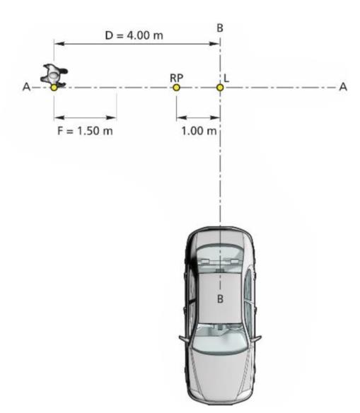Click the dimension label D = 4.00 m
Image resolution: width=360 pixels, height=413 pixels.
click(x=134, y=35)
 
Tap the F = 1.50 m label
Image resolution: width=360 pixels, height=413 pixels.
click(x=85, y=131)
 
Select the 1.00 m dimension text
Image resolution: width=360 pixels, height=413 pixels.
click(x=199, y=131)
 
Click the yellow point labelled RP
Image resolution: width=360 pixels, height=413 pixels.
click(x=176, y=88)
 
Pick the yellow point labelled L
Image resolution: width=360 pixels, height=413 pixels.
click(x=220, y=88)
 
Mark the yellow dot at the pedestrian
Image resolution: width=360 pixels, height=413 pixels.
click(x=54, y=88)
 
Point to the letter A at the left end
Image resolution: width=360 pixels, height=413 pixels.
click(x=26, y=87)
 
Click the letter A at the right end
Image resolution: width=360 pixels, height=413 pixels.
click(x=343, y=87)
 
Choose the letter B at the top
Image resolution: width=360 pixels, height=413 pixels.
click(x=220, y=28)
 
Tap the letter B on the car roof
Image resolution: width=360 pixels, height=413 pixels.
click(x=220, y=299)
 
